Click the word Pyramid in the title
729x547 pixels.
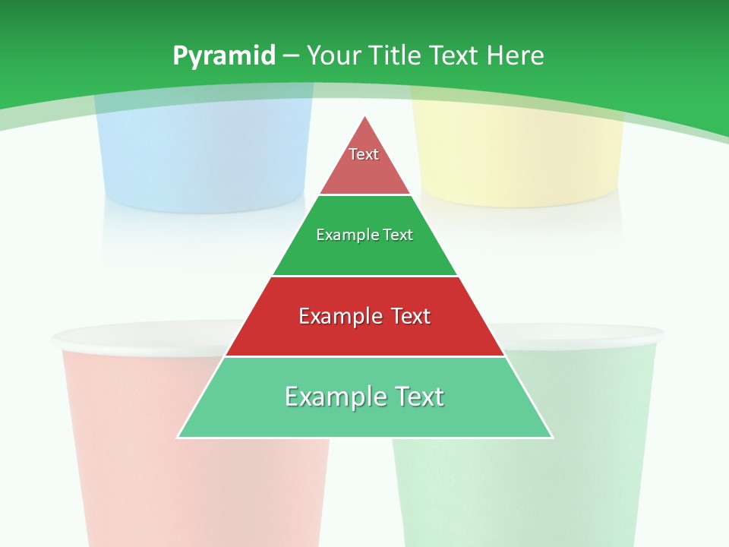(223, 56)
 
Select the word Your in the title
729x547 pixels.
(333, 56)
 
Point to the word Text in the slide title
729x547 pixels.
(456, 56)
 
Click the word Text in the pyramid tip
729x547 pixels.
(364, 154)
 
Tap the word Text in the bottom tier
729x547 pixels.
(416, 397)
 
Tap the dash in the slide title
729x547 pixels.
(291, 56)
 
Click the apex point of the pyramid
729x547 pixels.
(365, 117)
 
